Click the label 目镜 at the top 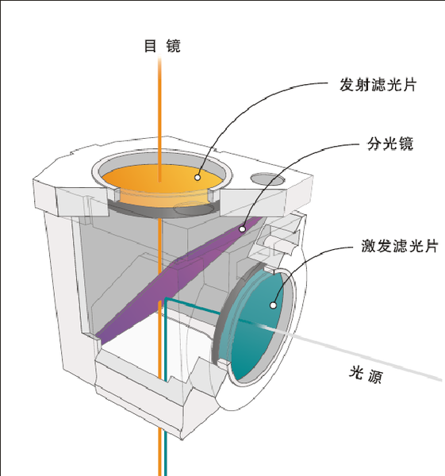tap(162, 47)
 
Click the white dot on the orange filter tap(198, 178)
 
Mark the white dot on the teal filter tap(273, 303)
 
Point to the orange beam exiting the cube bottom tap(160, 452)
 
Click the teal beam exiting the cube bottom tap(167, 452)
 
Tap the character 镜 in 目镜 tap(173, 47)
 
